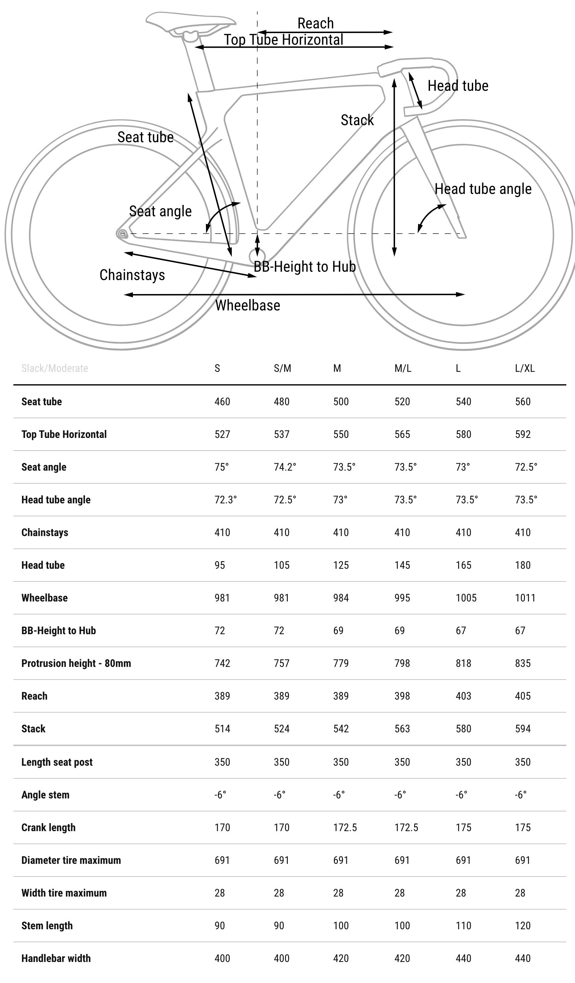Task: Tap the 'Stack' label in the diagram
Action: coord(357,120)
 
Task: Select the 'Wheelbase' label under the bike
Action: coord(248,305)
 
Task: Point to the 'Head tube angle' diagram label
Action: coord(483,189)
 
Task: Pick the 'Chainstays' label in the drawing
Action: coord(132,275)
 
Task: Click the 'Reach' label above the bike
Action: coord(316,23)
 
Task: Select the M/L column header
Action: coord(403,368)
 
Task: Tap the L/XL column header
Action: coord(525,368)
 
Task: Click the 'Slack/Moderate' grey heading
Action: coord(55,368)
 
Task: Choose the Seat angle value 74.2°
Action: coord(285,467)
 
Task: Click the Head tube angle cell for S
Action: coord(226,500)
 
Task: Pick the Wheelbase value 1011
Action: coord(525,598)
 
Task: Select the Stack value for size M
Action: coord(341,729)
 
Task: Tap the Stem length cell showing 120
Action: coord(523,926)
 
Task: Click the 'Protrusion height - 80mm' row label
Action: coord(76,664)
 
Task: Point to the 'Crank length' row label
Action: coord(48,827)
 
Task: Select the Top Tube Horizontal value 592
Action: coord(523,434)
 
